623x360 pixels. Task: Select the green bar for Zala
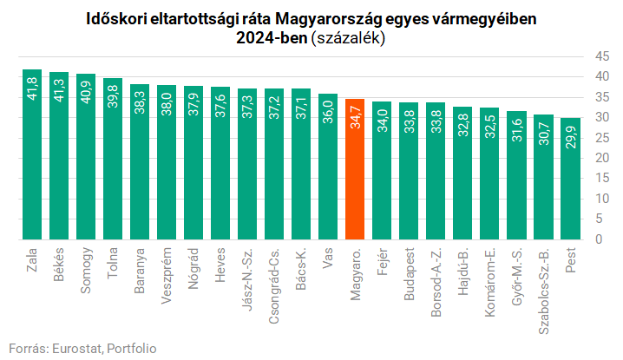point(32,156)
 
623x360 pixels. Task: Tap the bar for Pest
point(570,182)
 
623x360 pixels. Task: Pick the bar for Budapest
point(409,173)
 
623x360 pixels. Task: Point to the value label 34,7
point(355,120)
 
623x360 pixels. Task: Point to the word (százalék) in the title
point(347,38)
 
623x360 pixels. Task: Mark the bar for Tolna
point(113,160)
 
